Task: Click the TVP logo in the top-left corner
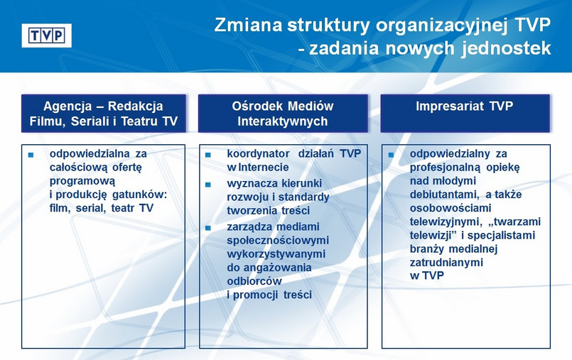tap(47, 35)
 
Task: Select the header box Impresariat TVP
tap(465, 113)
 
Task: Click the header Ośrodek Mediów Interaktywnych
tap(282, 113)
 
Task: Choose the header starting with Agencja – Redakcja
tap(103, 113)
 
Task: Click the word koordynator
tap(257, 154)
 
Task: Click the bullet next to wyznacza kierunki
tap(208, 184)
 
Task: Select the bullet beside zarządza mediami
tap(208, 228)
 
